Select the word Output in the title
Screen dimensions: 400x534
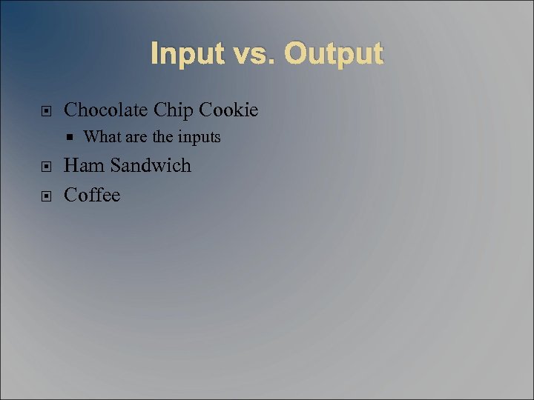click(333, 54)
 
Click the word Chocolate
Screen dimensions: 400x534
click(106, 110)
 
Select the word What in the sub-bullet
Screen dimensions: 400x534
click(100, 137)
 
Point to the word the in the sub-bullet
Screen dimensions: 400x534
click(161, 137)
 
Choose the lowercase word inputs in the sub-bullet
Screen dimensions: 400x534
click(198, 138)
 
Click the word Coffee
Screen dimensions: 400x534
click(92, 195)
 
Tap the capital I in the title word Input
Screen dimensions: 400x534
click(154, 54)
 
